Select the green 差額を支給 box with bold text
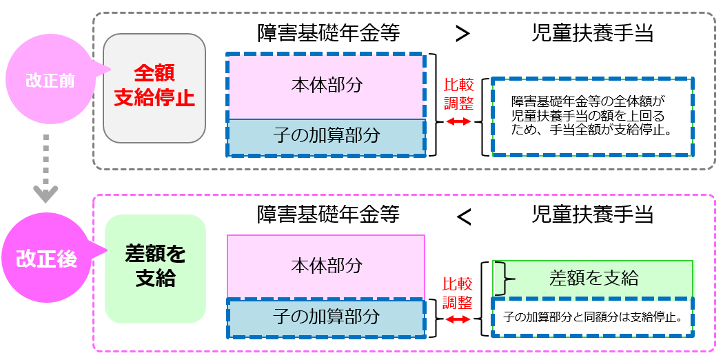tap(155, 268)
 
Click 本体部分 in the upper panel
tap(325, 85)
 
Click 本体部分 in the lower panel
tap(325, 266)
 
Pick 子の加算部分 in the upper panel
tap(325, 136)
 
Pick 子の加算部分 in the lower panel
tap(325, 317)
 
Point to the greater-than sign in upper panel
tap(463, 34)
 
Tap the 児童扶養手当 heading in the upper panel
tap(592, 33)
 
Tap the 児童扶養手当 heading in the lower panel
tap(592, 214)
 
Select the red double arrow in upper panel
tap(458, 121)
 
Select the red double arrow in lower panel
tap(458, 319)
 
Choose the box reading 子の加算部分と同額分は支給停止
tap(592, 317)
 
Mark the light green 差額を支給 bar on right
tap(593, 277)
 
